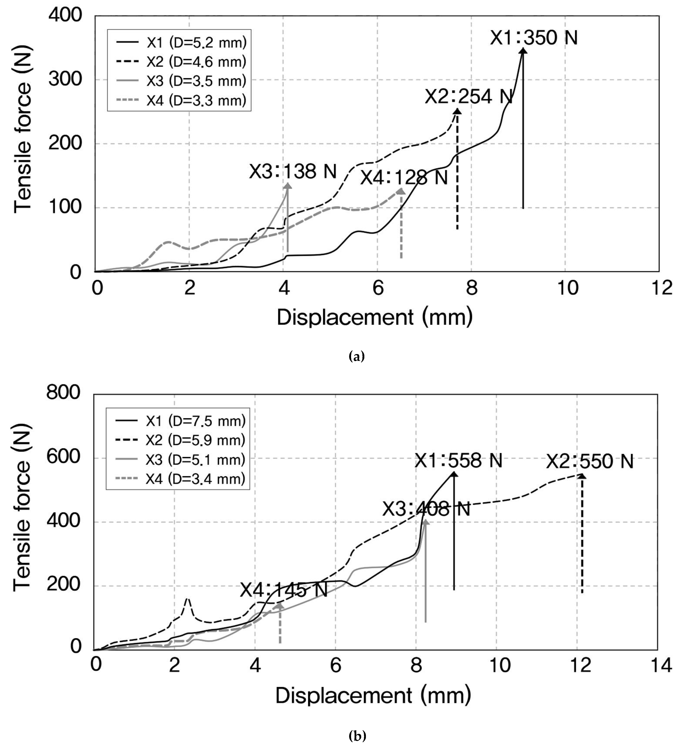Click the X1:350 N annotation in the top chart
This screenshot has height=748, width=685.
click(534, 38)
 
